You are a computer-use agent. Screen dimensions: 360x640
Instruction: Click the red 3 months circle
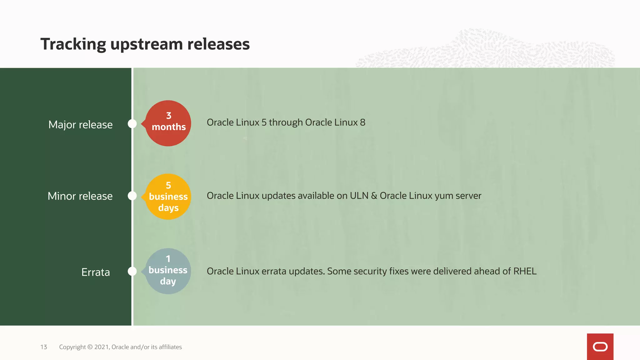click(168, 123)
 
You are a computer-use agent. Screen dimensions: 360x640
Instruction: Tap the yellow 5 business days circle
click(168, 197)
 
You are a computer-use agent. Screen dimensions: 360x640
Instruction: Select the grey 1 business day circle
click(168, 271)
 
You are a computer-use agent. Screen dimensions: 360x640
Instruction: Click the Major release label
click(80, 125)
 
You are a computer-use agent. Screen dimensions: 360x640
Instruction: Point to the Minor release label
click(80, 196)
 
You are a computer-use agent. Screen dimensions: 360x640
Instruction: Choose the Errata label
click(95, 272)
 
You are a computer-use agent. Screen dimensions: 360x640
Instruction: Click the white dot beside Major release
click(132, 124)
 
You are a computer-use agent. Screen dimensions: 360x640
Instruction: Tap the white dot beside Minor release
click(132, 196)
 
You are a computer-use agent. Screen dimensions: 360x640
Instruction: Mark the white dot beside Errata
click(132, 271)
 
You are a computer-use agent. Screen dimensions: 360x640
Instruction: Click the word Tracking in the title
click(73, 44)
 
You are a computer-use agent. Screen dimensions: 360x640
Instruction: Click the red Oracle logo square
click(600, 347)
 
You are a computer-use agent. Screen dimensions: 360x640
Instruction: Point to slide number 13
click(44, 347)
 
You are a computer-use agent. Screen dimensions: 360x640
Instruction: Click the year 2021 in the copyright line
click(102, 347)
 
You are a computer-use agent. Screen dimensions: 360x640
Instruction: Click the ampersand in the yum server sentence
click(374, 196)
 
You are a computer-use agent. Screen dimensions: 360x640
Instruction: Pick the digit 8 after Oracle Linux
click(362, 122)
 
